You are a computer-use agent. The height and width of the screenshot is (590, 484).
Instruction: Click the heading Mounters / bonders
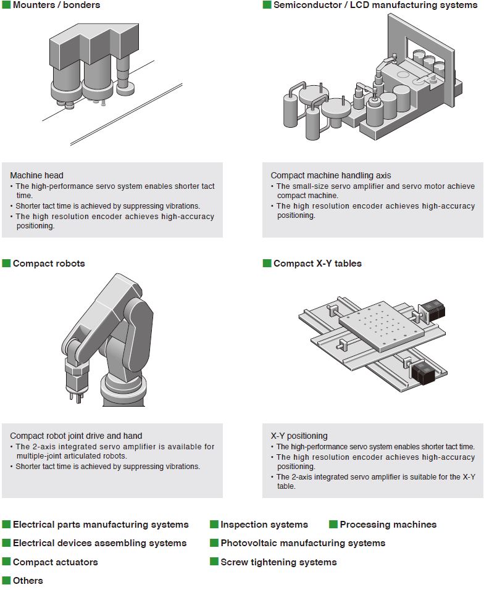56,5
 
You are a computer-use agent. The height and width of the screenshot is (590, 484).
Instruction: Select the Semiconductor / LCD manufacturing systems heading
375,5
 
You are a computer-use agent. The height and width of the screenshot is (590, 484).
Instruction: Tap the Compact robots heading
49,264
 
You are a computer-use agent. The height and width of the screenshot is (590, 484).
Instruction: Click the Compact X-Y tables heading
317,264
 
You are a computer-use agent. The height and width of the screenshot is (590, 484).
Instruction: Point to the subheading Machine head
36,175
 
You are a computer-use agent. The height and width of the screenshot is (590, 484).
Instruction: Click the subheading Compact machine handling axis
330,175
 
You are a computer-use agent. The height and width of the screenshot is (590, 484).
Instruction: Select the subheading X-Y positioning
299,436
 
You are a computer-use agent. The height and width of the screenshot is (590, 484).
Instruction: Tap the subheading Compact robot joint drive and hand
76,436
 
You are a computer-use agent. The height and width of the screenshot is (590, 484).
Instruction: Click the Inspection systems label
264,525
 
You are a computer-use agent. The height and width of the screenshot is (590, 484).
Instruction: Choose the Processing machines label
388,525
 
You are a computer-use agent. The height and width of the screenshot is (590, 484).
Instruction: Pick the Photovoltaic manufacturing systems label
302,543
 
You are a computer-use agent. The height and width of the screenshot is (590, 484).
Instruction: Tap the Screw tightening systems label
278,562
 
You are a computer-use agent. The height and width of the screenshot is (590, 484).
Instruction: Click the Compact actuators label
55,562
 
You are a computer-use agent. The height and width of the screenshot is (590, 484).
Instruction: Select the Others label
28,581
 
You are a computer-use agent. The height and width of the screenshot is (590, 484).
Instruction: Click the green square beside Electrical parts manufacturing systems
6,525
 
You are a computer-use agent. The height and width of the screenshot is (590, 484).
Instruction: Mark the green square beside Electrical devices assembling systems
6,543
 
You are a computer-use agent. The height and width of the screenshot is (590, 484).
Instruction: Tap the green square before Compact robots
6,264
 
